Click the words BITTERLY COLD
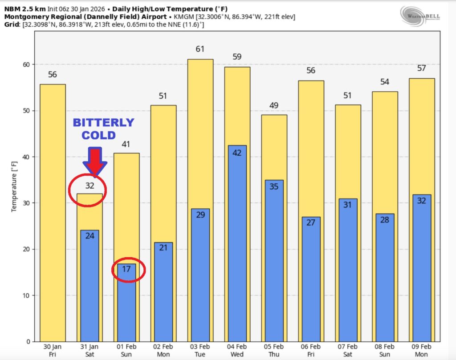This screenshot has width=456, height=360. [103, 129]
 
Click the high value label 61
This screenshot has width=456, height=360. [200, 49]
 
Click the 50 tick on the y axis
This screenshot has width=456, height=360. [26, 111]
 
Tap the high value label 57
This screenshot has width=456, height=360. [421, 68]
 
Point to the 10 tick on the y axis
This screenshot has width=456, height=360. [26, 295]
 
